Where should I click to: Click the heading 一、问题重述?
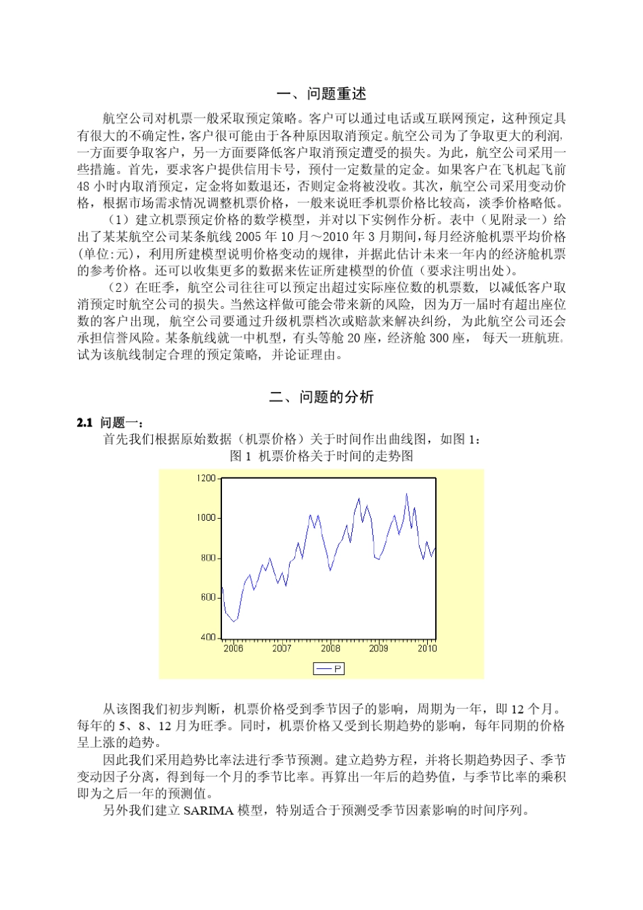[x=321, y=94]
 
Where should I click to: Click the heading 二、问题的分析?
[x=321, y=397]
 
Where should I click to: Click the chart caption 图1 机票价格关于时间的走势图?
[x=321, y=456]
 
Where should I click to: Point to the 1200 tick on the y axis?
[x=206, y=479]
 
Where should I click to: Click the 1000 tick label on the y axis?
[x=206, y=518]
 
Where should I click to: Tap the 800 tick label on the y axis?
[x=208, y=558]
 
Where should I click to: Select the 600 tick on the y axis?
[x=208, y=597]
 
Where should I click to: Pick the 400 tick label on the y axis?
[x=208, y=637]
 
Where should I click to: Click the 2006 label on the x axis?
[x=233, y=649]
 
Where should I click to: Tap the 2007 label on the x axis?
[x=282, y=649]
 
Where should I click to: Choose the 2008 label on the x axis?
[x=330, y=649]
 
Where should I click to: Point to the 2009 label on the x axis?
[x=378, y=649]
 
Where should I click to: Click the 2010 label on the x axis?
[x=427, y=649]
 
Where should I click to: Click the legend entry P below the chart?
[x=329, y=669]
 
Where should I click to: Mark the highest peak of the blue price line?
[x=407, y=494]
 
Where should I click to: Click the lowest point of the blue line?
[x=234, y=621]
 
